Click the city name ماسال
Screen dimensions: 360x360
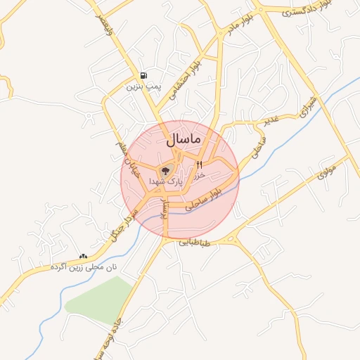pyautogui.click(x=184, y=140)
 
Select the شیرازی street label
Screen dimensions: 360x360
pyautogui.click(x=309, y=105)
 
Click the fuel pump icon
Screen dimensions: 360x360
pyautogui.click(x=144, y=75)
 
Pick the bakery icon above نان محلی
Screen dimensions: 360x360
pyautogui.click(x=84, y=257)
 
